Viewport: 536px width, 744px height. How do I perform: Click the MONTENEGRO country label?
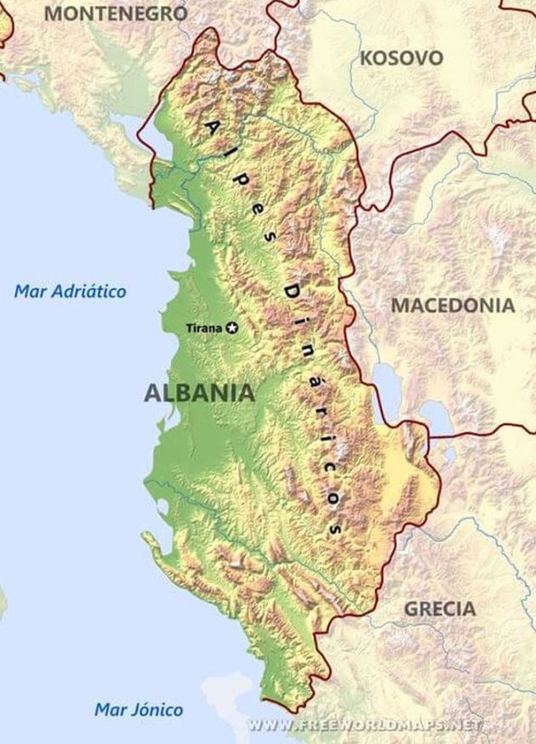click(x=116, y=13)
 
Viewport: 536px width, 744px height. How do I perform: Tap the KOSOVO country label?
click(x=402, y=58)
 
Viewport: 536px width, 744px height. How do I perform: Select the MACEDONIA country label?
click(x=453, y=305)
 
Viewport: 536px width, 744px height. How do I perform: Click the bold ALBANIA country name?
click(x=199, y=393)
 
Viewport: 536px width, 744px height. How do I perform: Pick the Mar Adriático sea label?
click(x=70, y=292)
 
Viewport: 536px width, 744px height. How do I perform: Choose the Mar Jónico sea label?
click(x=138, y=709)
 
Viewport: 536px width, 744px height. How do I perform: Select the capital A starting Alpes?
click(x=212, y=126)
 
